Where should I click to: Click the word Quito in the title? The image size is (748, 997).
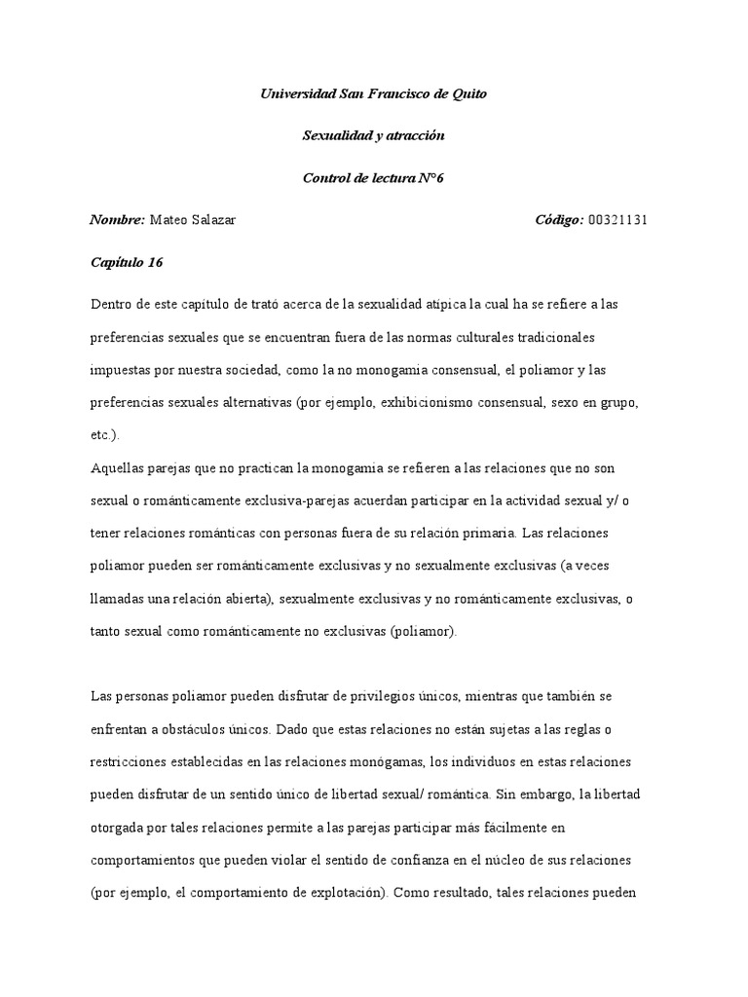(467, 94)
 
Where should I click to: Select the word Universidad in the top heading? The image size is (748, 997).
(298, 94)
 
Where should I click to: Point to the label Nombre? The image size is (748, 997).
(117, 220)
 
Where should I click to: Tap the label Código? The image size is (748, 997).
(559, 220)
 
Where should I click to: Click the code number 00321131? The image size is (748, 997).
(617, 220)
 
